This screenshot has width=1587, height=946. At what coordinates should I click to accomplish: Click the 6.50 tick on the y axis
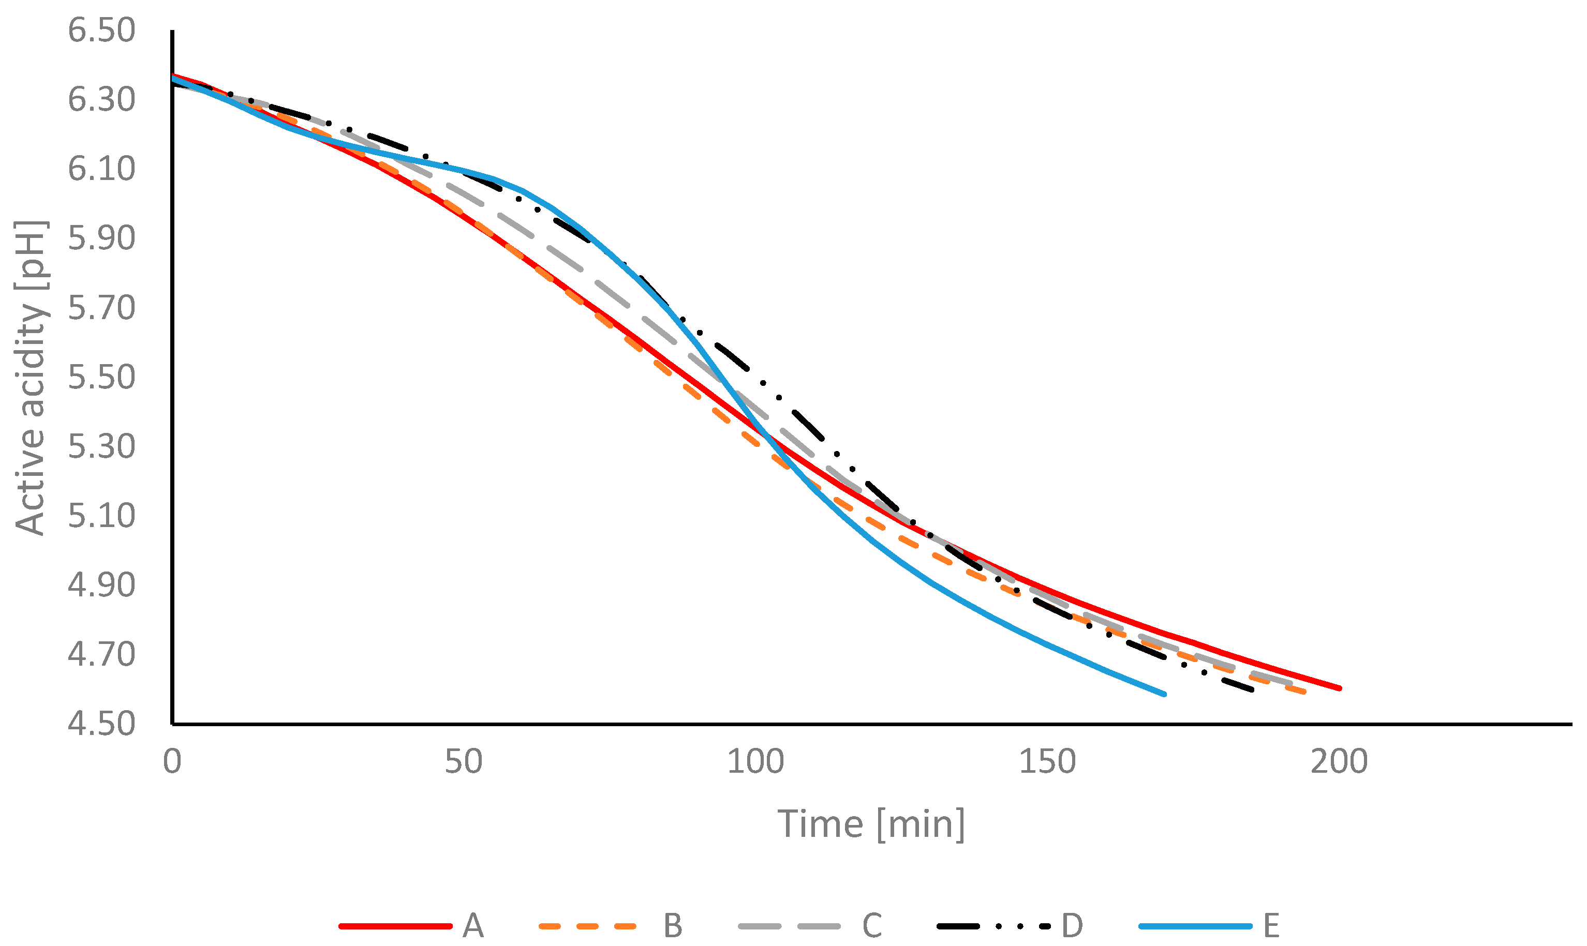pos(101,31)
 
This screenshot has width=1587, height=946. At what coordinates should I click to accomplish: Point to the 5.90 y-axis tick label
pos(101,238)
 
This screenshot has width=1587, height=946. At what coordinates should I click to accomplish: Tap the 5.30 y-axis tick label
pos(101,446)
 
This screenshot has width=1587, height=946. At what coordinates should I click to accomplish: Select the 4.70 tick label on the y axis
pos(101,654)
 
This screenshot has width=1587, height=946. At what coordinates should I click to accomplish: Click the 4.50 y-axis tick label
pos(101,724)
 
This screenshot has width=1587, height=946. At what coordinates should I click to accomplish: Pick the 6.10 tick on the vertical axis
pos(101,169)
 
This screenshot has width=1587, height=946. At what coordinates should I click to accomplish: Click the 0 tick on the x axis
pos(172,762)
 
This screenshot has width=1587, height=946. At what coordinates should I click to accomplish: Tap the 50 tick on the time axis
pos(464,762)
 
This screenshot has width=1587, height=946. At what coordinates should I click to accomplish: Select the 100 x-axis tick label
pos(755,762)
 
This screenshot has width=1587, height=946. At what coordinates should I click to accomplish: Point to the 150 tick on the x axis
pos(1048,762)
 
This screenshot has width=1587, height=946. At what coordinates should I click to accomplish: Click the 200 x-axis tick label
pos(1339,762)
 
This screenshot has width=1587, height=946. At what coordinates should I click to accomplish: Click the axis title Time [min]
pos(871,824)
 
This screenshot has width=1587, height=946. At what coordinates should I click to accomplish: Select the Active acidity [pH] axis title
pos(31,378)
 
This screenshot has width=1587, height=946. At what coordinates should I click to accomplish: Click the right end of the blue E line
pos(1164,694)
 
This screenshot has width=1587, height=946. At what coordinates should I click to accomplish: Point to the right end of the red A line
pos(1340,688)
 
